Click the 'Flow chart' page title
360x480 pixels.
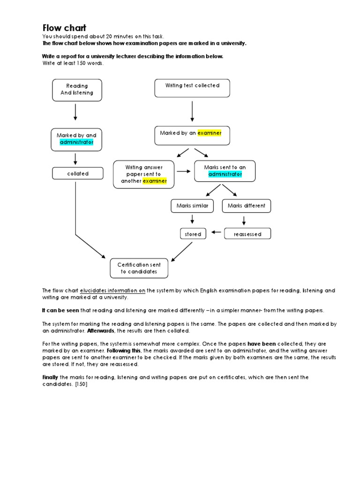[64, 28]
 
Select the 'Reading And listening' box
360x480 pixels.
[77, 90]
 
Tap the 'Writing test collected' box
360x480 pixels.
[192, 88]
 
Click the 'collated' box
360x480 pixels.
[77, 173]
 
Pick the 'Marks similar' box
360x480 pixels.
[192, 205]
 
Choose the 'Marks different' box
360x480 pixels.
[246, 205]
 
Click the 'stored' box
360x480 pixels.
[193, 234]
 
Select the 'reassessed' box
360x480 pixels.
[247, 234]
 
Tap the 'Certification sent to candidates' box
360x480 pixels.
[139, 268]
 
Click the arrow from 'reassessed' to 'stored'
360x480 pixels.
[216, 232]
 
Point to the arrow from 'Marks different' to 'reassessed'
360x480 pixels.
[244, 219]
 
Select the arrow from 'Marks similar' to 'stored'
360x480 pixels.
[192, 219]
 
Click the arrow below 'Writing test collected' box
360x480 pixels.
[192, 111]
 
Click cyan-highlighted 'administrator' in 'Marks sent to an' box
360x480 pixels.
[225, 174]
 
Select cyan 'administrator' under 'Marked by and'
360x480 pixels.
[77, 142]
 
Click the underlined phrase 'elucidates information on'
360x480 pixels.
[112, 291]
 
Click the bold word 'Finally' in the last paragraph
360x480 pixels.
[50, 377]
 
